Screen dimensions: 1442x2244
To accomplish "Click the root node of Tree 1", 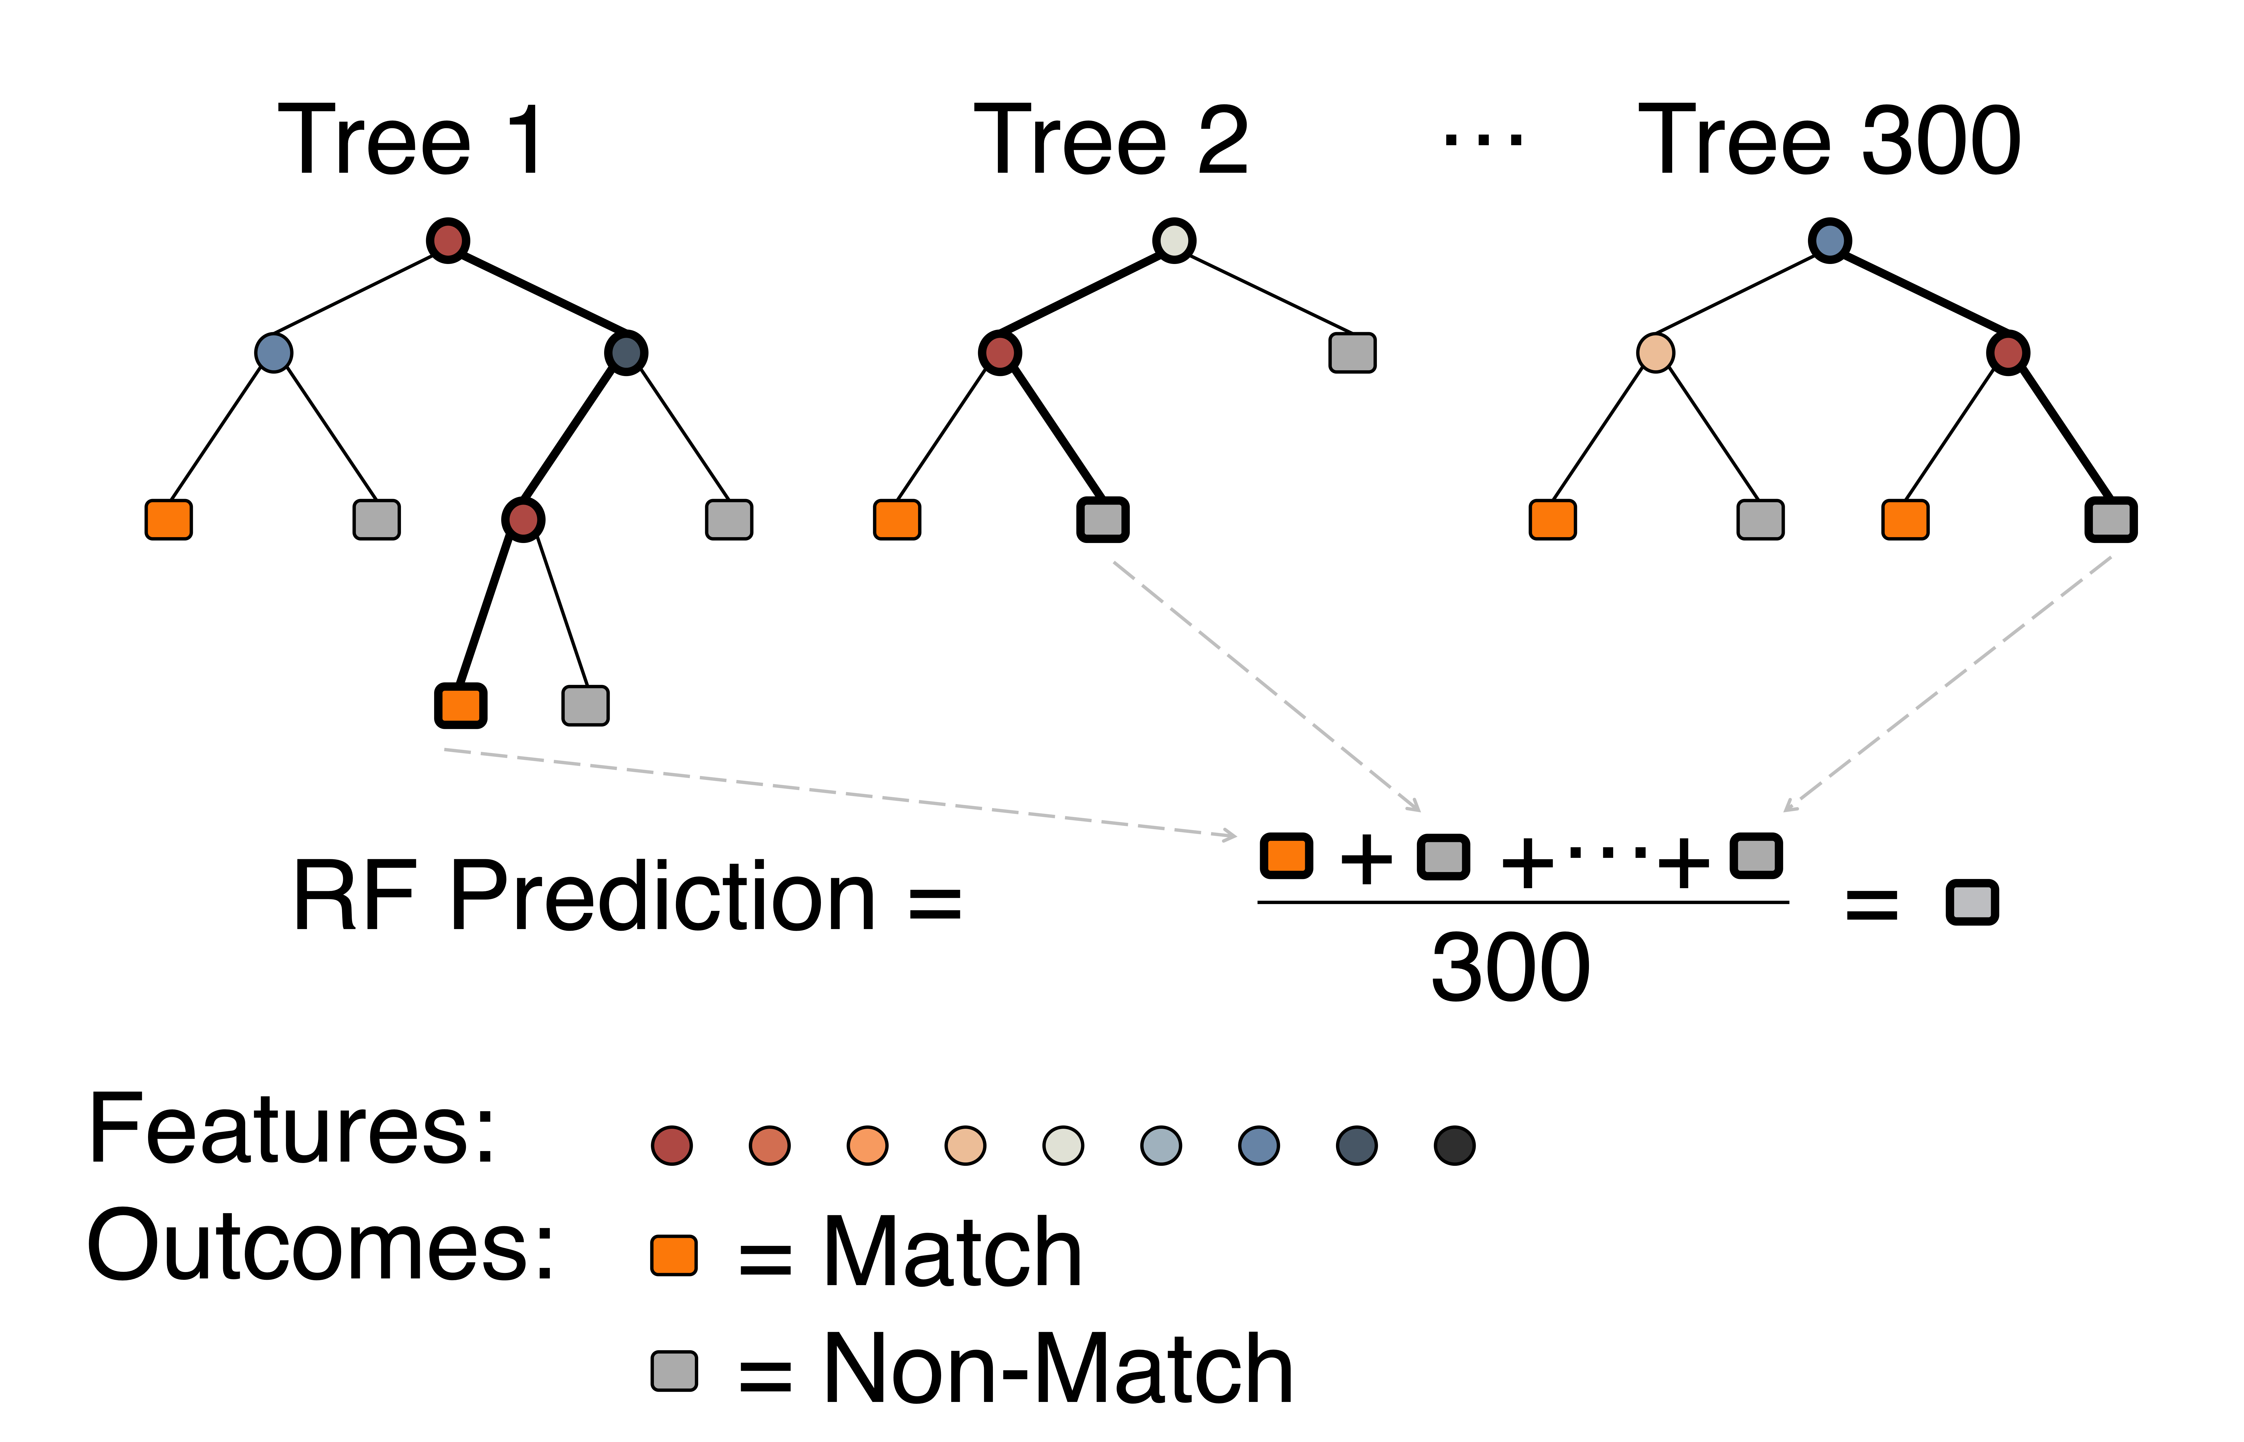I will pos(448,241).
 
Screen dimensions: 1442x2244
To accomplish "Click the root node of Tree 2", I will pos(1173,241).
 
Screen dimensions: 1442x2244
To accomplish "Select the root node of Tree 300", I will pos(1829,241).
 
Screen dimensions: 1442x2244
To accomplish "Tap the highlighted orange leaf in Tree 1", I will pos(460,705).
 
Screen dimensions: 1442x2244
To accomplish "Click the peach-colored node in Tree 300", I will pos(1655,353).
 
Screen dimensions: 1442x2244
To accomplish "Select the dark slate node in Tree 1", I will pos(626,353).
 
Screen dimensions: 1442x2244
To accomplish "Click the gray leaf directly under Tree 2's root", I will pos(1352,353).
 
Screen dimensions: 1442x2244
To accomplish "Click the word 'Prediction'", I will pos(663,897).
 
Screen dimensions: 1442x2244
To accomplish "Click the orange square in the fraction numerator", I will pos(1285,856).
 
